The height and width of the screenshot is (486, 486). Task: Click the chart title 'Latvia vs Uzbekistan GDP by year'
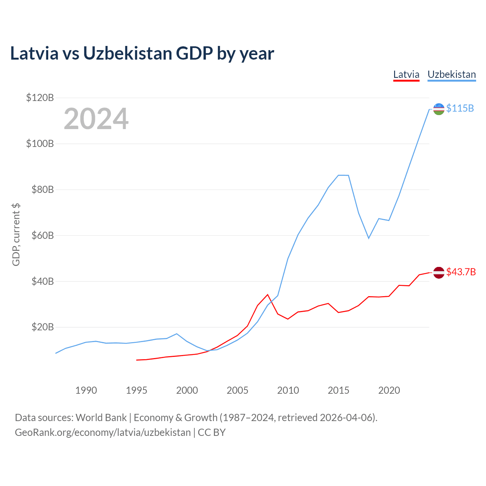click(x=142, y=54)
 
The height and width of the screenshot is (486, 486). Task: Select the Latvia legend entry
click(x=406, y=74)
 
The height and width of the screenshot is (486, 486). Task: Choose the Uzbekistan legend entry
click(x=451, y=74)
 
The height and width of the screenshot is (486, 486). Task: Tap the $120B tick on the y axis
click(x=40, y=98)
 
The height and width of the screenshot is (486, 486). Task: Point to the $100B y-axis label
click(x=40, y=144)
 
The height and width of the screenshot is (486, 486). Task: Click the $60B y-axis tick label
click(x=42, y=235)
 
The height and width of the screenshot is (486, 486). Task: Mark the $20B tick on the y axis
click(x=42, y=327)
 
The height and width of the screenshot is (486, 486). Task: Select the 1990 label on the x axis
click(x=86, y=390)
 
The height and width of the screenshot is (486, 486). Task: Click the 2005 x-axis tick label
click(x=237, y=390)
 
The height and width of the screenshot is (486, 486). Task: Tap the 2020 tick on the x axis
click(x=389, y=390)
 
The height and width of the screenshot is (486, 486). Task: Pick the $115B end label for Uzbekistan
click(x=460, y=109)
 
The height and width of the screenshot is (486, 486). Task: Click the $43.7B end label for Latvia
click(x=461, y=272)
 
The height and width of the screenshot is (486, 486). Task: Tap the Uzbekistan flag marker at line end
click(x=439, y=109)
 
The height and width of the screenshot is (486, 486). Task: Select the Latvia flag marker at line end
click(x=439, y=273)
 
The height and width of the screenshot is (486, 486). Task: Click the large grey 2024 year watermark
click(x=96, y=119)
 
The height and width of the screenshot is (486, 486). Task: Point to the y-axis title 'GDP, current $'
click(x=16, y=235)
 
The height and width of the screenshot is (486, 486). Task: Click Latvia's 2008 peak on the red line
click(x=268, y=295)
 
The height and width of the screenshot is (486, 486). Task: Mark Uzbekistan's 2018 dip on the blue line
click(x=368, y=238)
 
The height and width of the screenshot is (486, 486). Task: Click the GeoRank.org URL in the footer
click(x=103, y=432)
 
